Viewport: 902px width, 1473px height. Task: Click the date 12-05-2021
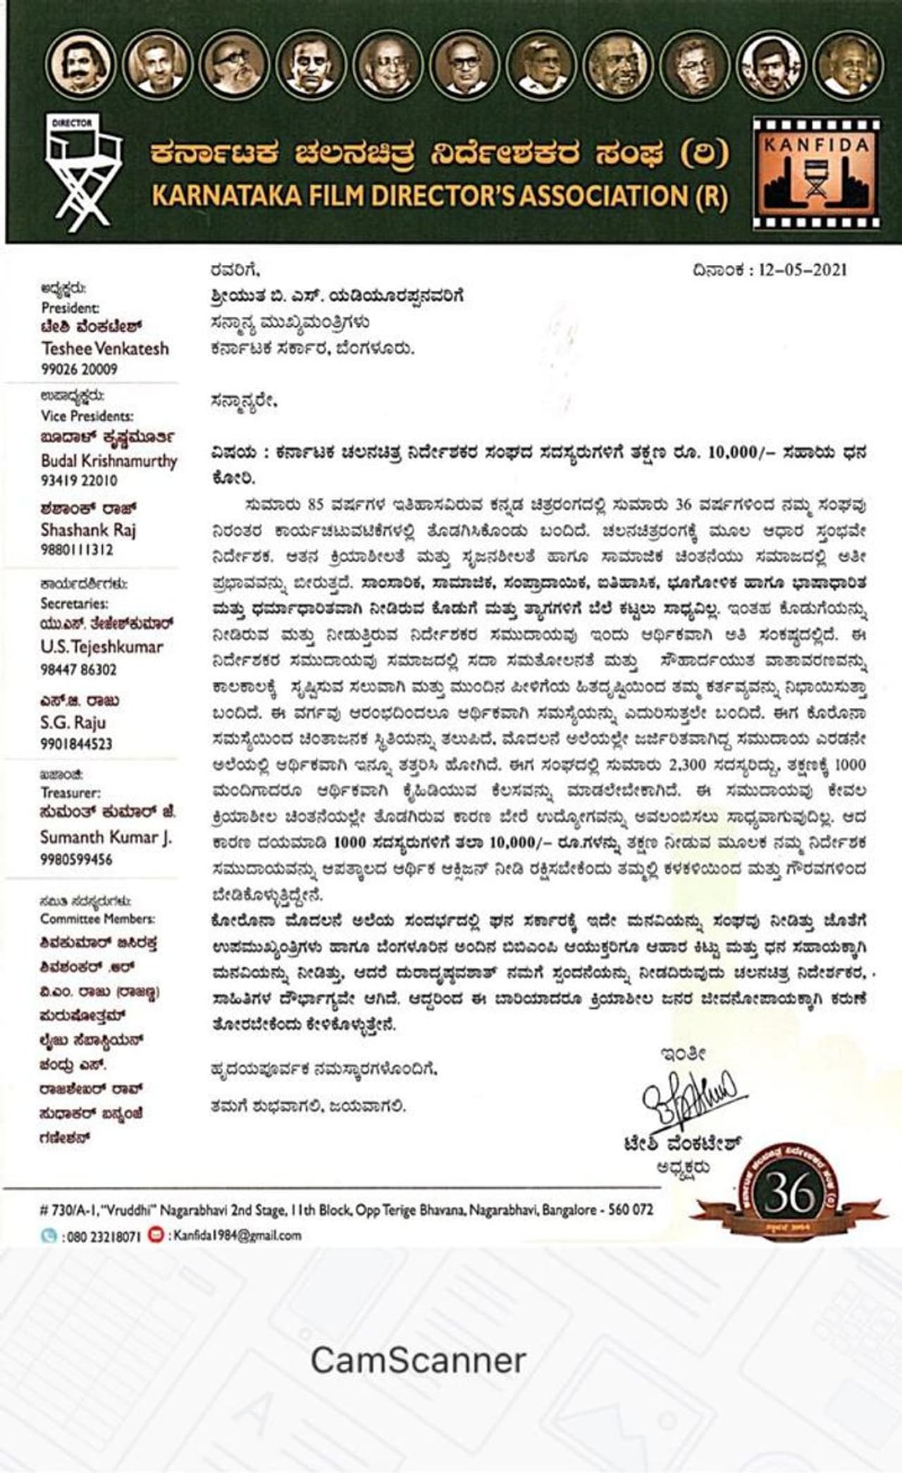point(803,271)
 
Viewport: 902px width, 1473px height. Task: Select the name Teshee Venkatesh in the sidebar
point(105,348)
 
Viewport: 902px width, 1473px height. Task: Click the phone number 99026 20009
point(80,369)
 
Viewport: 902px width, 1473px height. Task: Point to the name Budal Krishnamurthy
point(109,461)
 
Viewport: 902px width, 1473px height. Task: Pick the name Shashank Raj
point(88,530)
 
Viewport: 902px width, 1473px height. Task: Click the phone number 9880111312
point(77,549)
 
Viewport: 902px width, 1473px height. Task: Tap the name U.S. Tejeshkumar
point(101,647)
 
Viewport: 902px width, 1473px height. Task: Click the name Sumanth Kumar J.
point(106,838)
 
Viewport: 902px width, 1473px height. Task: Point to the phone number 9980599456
point(76,859)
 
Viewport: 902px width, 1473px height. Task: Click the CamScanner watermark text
point(418,1360)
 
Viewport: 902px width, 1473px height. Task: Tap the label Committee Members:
point(97,919)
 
